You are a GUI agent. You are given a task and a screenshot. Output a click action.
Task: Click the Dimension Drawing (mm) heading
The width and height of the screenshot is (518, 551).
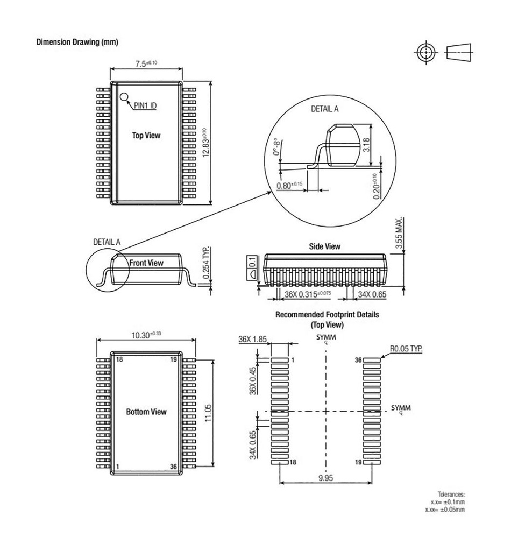pyautogui.click(x=77, y=42)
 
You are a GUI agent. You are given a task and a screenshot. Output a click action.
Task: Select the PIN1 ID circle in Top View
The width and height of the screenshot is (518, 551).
pyautogui.click(x=124, y=97)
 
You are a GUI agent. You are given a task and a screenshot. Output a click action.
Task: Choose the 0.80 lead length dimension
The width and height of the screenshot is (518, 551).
pyautogui.click(x=289, y=186)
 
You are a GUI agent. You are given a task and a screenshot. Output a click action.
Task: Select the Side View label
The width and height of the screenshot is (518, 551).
pyautogui.click(x=324, y=246)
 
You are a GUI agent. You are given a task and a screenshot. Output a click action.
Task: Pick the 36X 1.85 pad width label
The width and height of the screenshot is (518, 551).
pyautogui.click(x=253, y=340)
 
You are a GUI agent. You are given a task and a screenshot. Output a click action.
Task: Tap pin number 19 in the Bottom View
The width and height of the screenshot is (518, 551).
pyautogui.click(x=174, y=359)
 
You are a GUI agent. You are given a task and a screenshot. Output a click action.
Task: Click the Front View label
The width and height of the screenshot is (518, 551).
pyautogui.click(x=146, y=263)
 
